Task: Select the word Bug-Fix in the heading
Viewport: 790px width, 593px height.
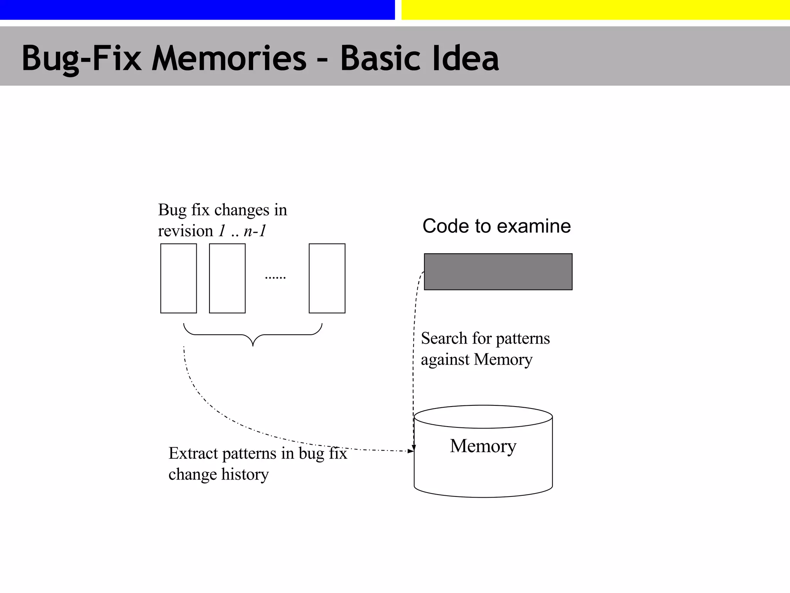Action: (x=81, y=59)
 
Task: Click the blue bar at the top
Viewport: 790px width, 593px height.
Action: (x=197, y=10)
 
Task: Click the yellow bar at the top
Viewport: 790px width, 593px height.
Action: (x=595, y=10)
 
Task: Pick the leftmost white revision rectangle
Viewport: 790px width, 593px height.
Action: (x=179, y=278)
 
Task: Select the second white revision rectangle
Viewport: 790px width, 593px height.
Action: (x=227, y=278)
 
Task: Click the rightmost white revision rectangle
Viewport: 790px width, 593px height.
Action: (x=327, y=278)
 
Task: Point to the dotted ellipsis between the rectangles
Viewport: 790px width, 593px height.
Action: (x=275, y=277)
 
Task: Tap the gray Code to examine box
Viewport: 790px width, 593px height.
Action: (x=498, y=271)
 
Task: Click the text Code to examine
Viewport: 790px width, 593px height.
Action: (x=496, y=226)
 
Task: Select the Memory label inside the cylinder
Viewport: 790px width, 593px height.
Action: (x=483, y=446)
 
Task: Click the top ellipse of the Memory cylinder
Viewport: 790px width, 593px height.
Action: (x=483, y=417)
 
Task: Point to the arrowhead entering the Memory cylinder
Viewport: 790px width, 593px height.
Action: (x=411, y=451)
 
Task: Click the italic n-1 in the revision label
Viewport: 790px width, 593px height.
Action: (x=255, y=231)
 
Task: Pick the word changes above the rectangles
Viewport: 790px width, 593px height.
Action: (x=242, y=210)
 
